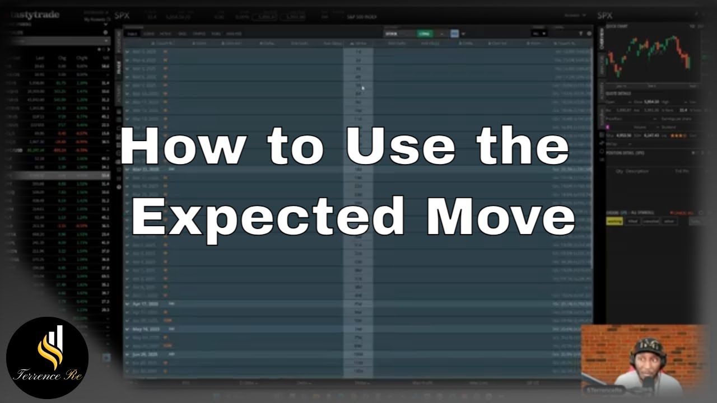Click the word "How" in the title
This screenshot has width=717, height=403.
[x=184, y=147]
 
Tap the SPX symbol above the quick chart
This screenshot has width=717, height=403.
[x=605, y=15]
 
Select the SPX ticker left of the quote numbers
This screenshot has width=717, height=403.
[x=122, y=15]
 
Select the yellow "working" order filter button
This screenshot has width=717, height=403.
[x=614, y=221]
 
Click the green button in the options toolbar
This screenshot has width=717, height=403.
[x=425, y=34]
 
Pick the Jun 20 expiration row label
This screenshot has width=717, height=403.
[x=145, y=354]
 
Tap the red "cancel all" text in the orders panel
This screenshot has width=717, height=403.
[x=681, y=213]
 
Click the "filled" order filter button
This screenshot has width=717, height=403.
[x=632, y=221]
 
